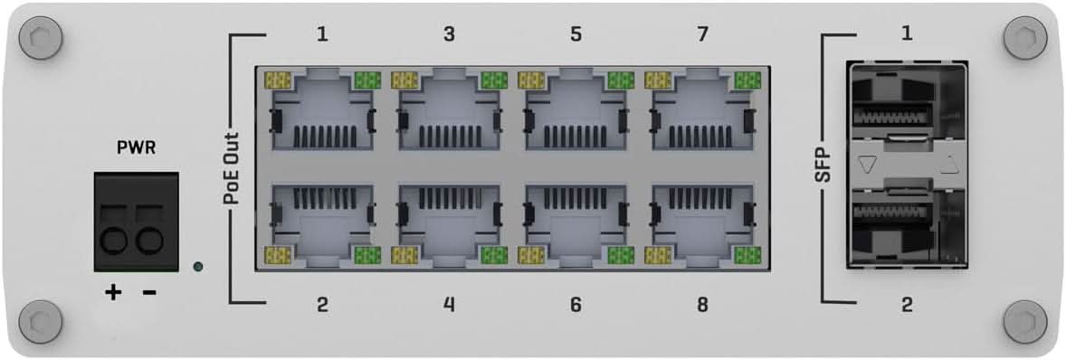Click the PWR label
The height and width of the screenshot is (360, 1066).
136,147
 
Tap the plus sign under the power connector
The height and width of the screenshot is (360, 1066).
113,292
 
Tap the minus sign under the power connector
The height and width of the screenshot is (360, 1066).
149,292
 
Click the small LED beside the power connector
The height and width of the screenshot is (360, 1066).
198,267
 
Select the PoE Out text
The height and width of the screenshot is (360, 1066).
231,167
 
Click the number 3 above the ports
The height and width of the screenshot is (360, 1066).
449,35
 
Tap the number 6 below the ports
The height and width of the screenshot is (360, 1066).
576,305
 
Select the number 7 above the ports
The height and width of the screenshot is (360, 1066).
702,35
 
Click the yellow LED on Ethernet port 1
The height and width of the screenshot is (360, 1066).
277,81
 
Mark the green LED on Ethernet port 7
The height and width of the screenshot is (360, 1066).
747,81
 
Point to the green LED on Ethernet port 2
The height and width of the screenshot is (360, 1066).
366,256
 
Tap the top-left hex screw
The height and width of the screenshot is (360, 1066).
41,39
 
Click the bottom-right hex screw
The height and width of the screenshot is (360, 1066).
1025,320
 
